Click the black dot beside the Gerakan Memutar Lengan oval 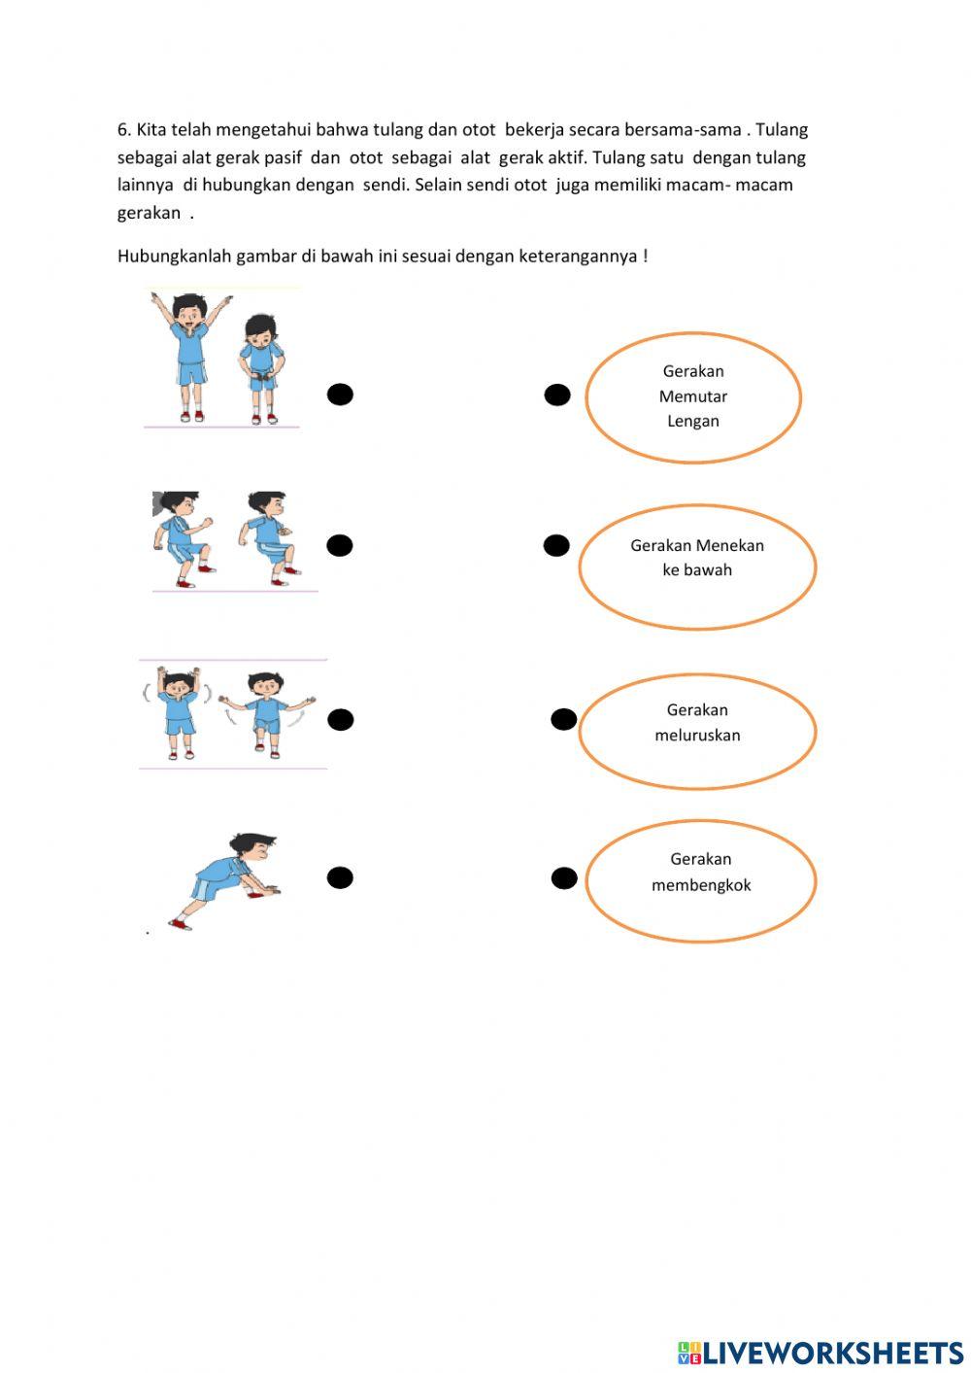point(556,395)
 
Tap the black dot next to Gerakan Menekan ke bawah point(556,545)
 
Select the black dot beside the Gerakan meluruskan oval point(564,719)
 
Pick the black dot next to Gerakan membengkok point(564,878)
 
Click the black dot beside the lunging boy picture point(340,877)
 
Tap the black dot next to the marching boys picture point(339,545)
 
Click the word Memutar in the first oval point(692,396)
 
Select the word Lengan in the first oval point(692,421)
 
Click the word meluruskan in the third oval point(697,736)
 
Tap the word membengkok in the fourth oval point(701,885)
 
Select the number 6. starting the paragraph point(124,130)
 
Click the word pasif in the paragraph point(283,157)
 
